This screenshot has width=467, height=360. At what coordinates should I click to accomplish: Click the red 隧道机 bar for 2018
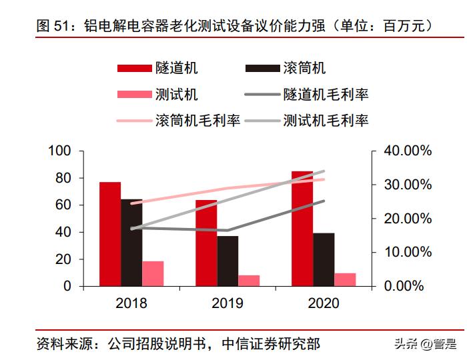coord(110,234)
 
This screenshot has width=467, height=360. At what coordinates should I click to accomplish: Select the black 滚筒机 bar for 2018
coord(131,243)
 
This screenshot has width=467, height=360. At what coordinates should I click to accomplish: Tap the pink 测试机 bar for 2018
coord(153,273)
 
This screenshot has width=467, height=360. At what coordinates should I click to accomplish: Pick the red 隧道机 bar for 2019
coord(206,243)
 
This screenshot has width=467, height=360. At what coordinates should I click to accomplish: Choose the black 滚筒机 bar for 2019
coord(227,261)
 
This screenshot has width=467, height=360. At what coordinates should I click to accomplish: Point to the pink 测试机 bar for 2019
coord(249,280)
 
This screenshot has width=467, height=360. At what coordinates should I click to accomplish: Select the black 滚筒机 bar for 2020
coord(324,259)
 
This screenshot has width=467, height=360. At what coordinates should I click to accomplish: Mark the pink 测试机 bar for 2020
coord(345,279)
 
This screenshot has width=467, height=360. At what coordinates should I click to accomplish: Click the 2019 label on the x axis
coord(227,303)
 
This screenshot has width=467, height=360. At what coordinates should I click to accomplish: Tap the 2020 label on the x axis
coord(324,303)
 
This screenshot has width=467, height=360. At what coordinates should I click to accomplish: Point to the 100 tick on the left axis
coord(59,151)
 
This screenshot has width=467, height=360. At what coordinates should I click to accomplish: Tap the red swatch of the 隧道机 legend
coord(134,68)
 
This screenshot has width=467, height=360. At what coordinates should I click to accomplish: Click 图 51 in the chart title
coord(54,26)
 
